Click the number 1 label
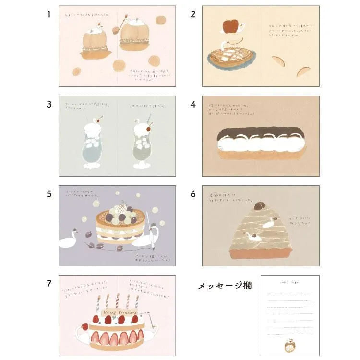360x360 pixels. coord(48,14)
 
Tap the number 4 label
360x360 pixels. coord(193,104)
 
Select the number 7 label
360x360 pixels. coord(48,284)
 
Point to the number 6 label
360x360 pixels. coord(193,194)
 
